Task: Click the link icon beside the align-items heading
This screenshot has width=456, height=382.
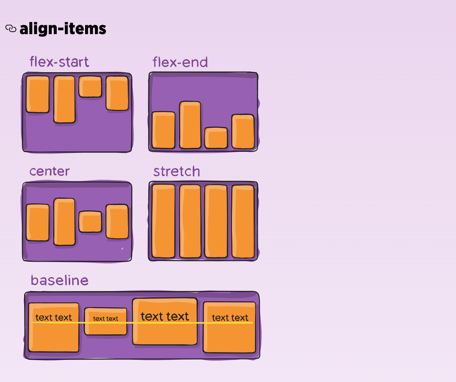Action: (11, 28)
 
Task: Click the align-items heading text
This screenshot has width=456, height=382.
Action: (63, 29)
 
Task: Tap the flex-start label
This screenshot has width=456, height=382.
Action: (59, 62)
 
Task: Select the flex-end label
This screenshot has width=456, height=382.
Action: (180, 62)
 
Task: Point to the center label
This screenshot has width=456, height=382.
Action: (49, 171)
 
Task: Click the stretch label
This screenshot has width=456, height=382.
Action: (177, 172)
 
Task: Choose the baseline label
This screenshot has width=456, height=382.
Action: (59, 280)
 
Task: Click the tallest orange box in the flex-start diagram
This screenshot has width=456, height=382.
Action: (64, 99)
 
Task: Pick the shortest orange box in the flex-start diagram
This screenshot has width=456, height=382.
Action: (90, 87)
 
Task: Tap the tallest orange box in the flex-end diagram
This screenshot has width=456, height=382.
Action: (190, 125)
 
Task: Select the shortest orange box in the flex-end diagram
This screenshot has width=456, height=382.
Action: (216, 138)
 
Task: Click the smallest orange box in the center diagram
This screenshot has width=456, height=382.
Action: (90, 222)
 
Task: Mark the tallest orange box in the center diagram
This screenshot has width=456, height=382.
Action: (64, 222)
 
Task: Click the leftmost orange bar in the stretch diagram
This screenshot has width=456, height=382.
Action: (164, 221)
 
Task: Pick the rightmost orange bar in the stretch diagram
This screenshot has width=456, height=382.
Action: (243, 221)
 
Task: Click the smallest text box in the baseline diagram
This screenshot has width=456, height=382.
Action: (106, 321)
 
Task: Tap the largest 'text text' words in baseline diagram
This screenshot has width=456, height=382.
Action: (165, 316)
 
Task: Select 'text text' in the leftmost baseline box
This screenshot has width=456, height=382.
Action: (54, 318)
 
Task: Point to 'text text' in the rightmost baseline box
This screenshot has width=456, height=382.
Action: (230, 318)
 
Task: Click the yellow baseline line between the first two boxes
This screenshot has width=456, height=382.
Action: (82, 323)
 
